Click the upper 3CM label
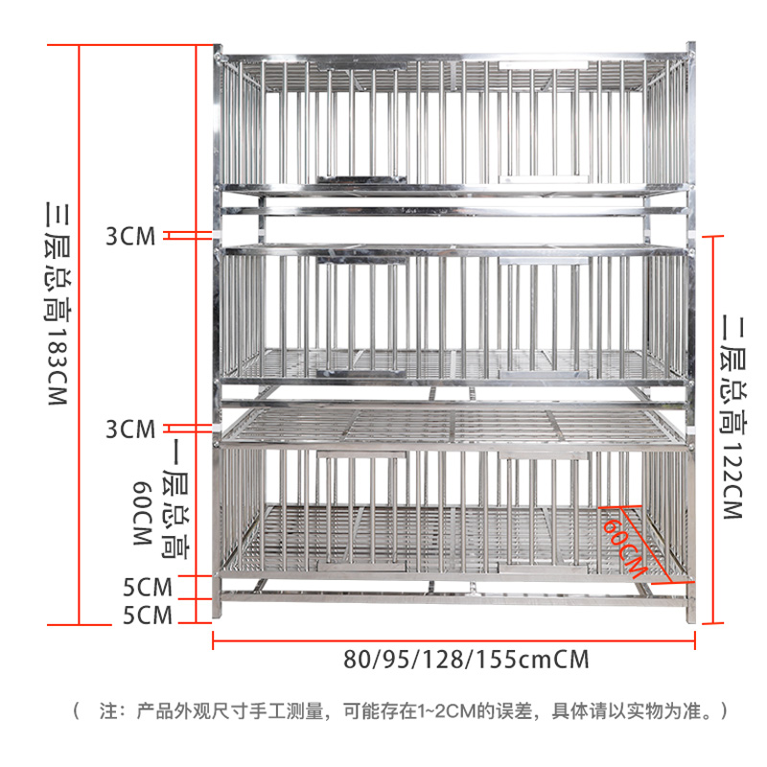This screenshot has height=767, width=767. [x=130, y=237]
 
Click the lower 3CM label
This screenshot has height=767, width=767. [x=130, y=429]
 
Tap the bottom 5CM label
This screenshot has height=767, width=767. [x=148, y=615]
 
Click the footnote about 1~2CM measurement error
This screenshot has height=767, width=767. [x=403, y=711]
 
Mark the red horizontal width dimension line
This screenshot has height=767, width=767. [x=453, y=639]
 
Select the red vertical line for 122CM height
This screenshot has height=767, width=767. [x=712, y=427]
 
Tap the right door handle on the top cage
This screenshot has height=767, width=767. [x=546, y=177]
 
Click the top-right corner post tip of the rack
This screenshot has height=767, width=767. [x=688, y=48]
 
